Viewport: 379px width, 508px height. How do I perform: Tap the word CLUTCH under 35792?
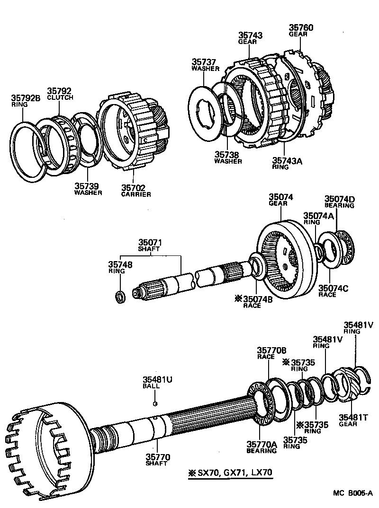[x=60, y=97]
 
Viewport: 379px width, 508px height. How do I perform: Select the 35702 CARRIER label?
[x=135, y=191]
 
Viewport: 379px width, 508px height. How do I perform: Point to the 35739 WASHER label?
[x=88, y=189]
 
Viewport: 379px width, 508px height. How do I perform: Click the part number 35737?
[x=204, y=62]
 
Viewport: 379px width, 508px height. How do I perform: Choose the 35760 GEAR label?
[x=301, y=30]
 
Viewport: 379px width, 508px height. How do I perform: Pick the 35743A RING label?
[x=287, y=164]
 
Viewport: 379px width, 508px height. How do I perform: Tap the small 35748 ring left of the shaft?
[x=121, y=297]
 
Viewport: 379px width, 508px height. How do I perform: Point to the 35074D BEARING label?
[x=339, y=202]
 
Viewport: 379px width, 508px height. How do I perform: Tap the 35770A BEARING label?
[x=261, y=447]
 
